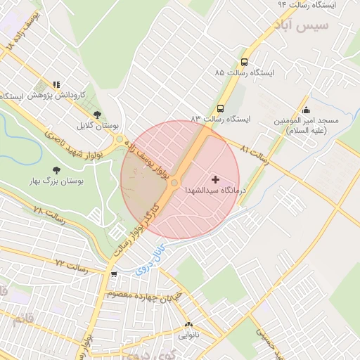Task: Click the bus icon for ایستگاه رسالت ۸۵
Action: (244, 62)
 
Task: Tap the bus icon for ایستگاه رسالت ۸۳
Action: (221, 109)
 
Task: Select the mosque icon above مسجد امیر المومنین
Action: (306, 110)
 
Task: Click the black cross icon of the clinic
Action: (214, 181)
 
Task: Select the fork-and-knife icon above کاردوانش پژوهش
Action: (56, 84)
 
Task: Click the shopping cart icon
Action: (114, 274)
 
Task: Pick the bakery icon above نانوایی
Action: (188, 325)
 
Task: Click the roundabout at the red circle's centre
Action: (174, 183)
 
